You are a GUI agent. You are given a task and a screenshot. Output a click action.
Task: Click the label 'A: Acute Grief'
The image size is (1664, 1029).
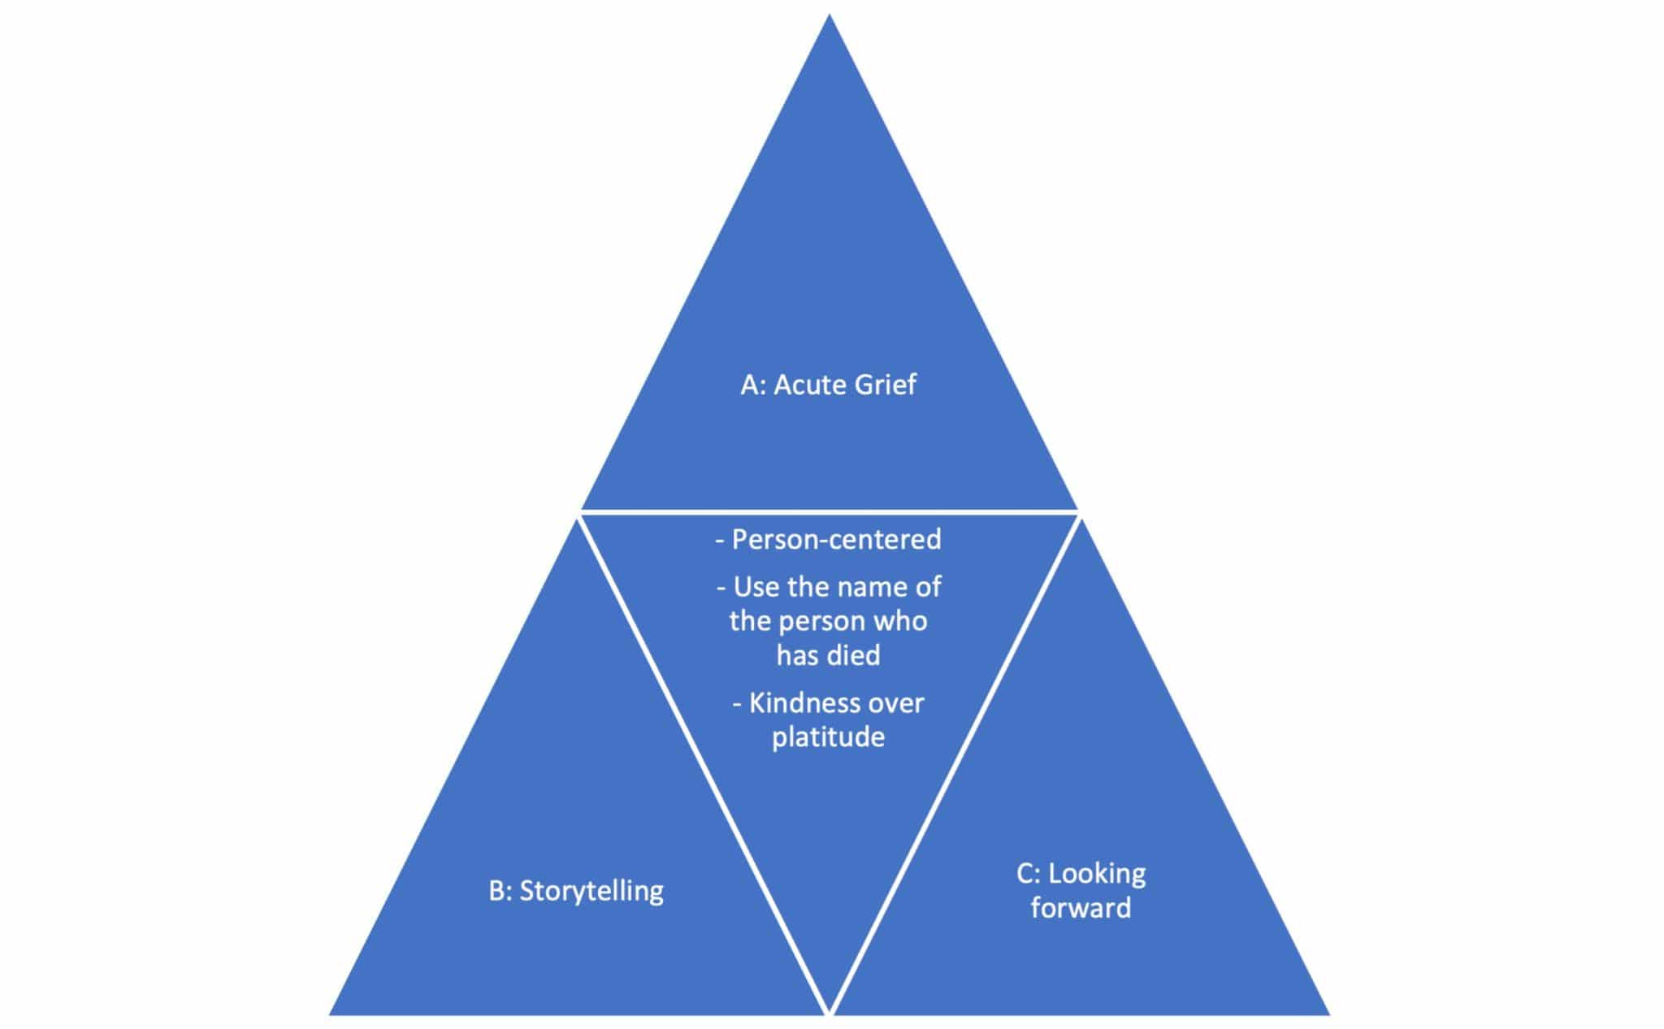click(828, 384)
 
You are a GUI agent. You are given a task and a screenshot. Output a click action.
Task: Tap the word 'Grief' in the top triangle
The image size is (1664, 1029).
click(882, 384)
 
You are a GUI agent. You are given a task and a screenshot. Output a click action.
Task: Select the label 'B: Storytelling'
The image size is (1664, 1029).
click(576, 891)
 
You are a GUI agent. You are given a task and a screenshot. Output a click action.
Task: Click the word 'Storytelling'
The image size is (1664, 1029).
click(591, 891)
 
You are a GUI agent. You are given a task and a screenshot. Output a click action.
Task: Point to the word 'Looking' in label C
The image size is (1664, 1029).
click(1097, 874)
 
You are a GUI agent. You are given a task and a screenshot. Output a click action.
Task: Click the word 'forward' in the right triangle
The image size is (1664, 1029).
click(1081, 908)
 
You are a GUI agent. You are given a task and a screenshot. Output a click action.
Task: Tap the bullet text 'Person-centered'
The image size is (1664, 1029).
click(836, 540)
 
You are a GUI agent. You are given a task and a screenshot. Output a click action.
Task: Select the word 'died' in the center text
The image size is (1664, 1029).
click(852, 655)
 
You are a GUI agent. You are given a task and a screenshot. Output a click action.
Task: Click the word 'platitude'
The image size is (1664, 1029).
click(828, 737)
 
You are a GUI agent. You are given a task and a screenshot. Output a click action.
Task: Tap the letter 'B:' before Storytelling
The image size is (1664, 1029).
click(500, 891)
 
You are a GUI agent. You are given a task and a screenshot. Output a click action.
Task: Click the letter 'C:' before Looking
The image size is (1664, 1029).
click(1029, 874)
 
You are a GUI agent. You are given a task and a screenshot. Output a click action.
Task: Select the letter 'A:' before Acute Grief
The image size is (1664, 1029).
click(753, 384)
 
